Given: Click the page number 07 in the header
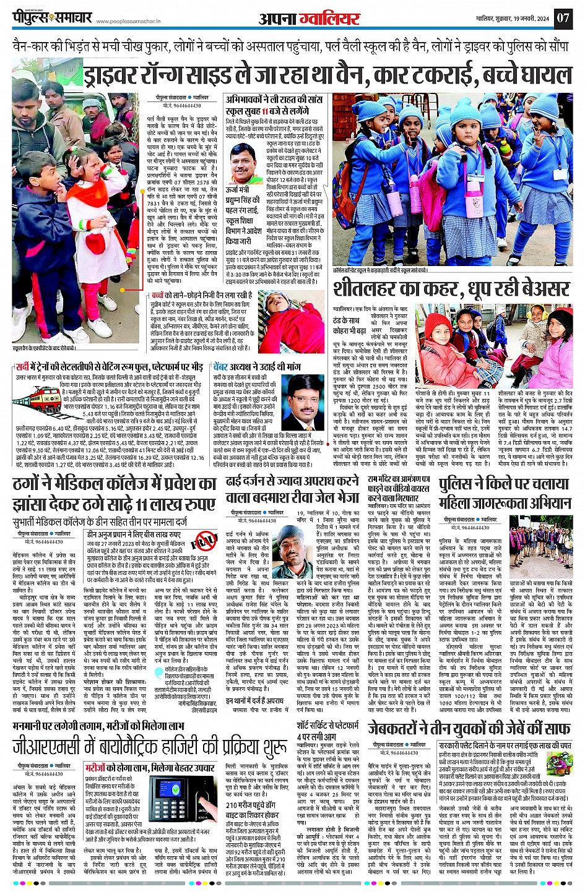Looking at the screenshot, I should point(563,17).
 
